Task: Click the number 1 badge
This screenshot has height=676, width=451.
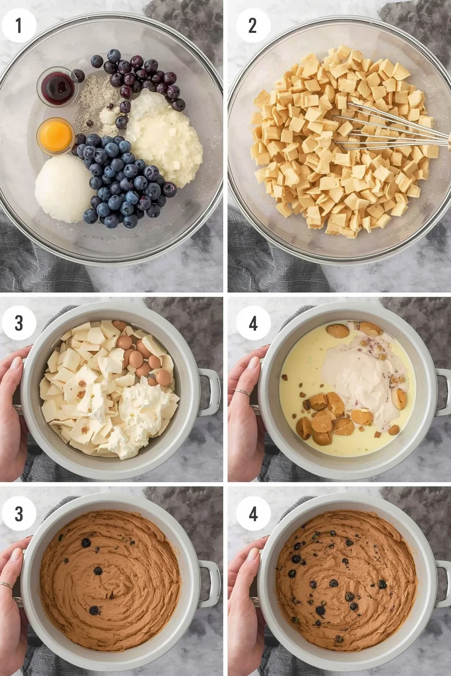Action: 18,25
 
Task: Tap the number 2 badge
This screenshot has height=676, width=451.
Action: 253,25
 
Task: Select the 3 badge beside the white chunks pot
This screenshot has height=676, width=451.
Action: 18,323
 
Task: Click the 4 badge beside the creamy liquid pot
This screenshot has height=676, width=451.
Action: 253,323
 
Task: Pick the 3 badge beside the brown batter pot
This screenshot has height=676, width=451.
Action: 18,513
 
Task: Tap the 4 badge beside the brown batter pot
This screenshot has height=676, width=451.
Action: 253,513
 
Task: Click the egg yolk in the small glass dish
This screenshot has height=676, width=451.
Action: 55,134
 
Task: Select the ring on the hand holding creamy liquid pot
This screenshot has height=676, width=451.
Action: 242,393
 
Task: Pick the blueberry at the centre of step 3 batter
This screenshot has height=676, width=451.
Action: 98,571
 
